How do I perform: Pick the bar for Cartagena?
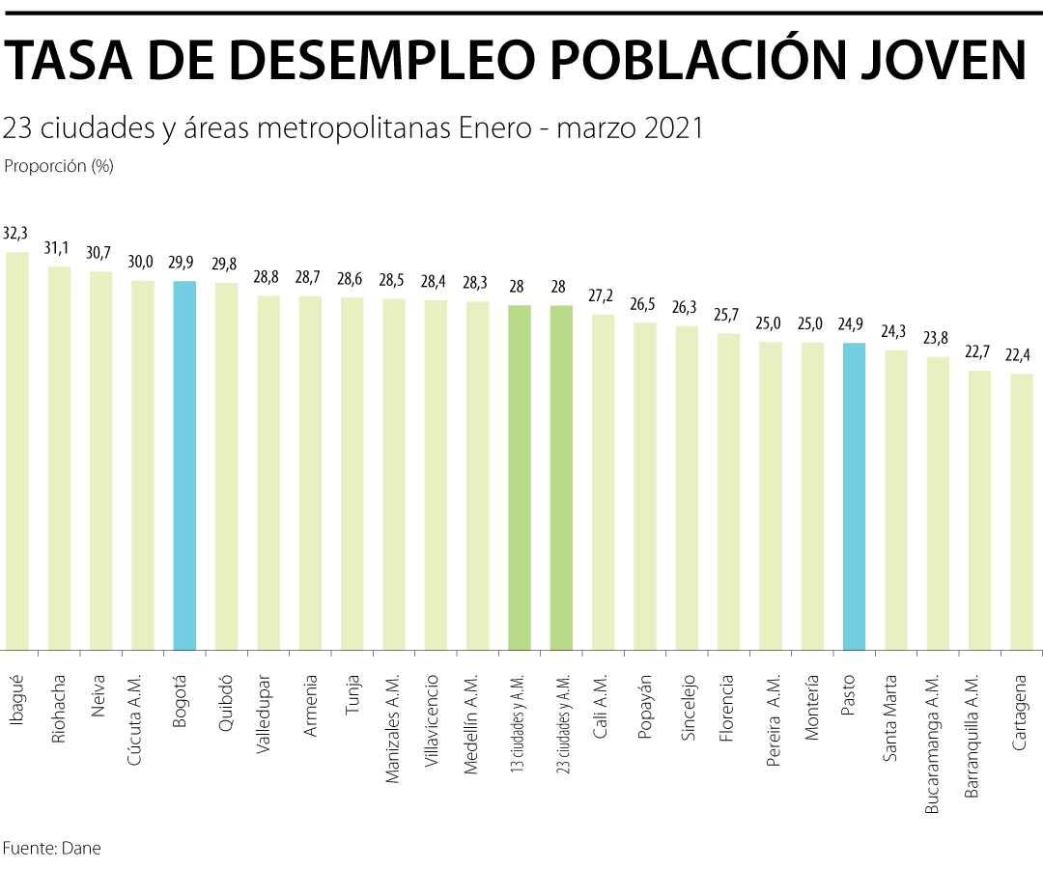[x=1022, y=511]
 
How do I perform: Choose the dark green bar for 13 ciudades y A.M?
[x=520, y=477]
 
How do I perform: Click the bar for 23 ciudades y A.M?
[x=561, y=477]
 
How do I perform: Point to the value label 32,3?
[x=16, y=233]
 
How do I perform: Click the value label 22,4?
[x=1022, y=355]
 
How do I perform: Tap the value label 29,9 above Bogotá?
[x=184, y=263]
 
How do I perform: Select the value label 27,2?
[x=604, y=295]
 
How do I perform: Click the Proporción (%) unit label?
[x=59, y=166]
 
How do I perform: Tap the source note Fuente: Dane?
[x=51, y=849]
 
